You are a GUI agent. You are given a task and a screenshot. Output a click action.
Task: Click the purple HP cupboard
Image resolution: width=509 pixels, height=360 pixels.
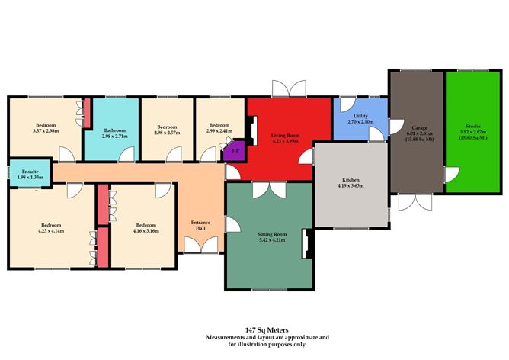[x=235, y=150]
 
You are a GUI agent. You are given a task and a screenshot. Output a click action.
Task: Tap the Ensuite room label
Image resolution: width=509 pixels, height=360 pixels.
[x=30, y=172]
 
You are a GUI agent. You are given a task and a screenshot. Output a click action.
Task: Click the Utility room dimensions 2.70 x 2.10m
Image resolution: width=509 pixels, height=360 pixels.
[x=360, y=122]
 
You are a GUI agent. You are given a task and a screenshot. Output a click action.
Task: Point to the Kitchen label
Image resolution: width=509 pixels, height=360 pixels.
[x=351, y=180]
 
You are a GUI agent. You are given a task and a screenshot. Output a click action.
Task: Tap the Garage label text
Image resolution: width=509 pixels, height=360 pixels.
[x=419, y=127]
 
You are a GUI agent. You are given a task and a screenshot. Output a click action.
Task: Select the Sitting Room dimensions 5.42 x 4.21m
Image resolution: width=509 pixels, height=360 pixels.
[x=272, y=240]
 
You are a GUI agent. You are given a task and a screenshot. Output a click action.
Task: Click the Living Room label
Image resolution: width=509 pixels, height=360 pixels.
[x=285, y=135]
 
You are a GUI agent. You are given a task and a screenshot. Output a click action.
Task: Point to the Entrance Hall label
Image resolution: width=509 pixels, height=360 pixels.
[x=200, y=225]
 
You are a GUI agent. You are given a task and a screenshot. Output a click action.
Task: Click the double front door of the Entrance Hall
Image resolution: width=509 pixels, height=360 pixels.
[x=201, y=245]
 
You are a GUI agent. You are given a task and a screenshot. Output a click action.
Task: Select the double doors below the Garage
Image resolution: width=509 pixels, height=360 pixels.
[x=415, y=202]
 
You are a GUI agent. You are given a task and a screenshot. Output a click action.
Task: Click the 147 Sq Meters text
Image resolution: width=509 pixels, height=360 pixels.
[x=267, y=330]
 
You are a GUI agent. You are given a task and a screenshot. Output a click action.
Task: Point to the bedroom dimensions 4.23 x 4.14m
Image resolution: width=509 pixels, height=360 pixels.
[x=51, y=231]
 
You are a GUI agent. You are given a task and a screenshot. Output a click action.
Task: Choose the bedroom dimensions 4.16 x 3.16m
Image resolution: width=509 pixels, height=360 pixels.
[x=146, y=231]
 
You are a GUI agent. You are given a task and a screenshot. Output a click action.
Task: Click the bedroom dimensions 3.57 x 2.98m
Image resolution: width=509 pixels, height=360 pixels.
[x=46, y=131]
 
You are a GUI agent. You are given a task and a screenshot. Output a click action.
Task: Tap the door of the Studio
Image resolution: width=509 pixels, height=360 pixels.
[x=451, y=175]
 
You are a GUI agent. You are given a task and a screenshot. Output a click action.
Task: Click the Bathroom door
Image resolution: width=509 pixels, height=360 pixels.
[x=126, y=154]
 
